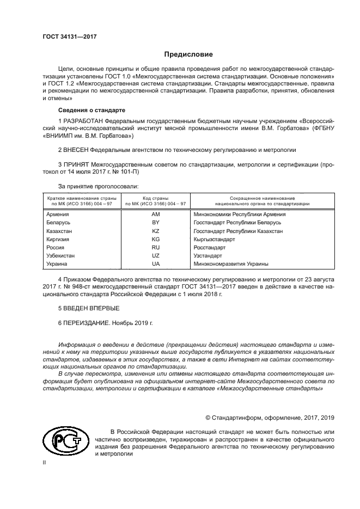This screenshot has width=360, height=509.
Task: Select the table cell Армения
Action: (x=58, y=214)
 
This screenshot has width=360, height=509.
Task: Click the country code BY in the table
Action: (x=155, y=223)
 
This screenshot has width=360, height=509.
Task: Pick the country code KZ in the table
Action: (x=155, y=231)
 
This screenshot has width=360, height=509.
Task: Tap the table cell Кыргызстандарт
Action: (x=214, y=239)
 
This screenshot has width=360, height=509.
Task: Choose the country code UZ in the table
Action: (x=155, y=255)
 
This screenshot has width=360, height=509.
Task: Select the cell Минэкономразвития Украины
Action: (x=231, y=263)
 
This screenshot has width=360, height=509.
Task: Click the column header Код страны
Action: (x=155, y=198)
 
